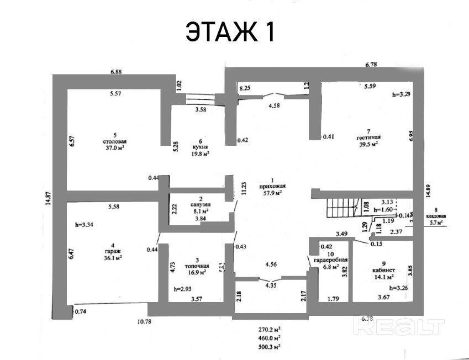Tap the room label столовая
click(x=115, y=141)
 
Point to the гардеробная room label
click(x=335, y=260)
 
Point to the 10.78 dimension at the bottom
click(x=144, y=321)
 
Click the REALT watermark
click(x=400, y=327)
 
